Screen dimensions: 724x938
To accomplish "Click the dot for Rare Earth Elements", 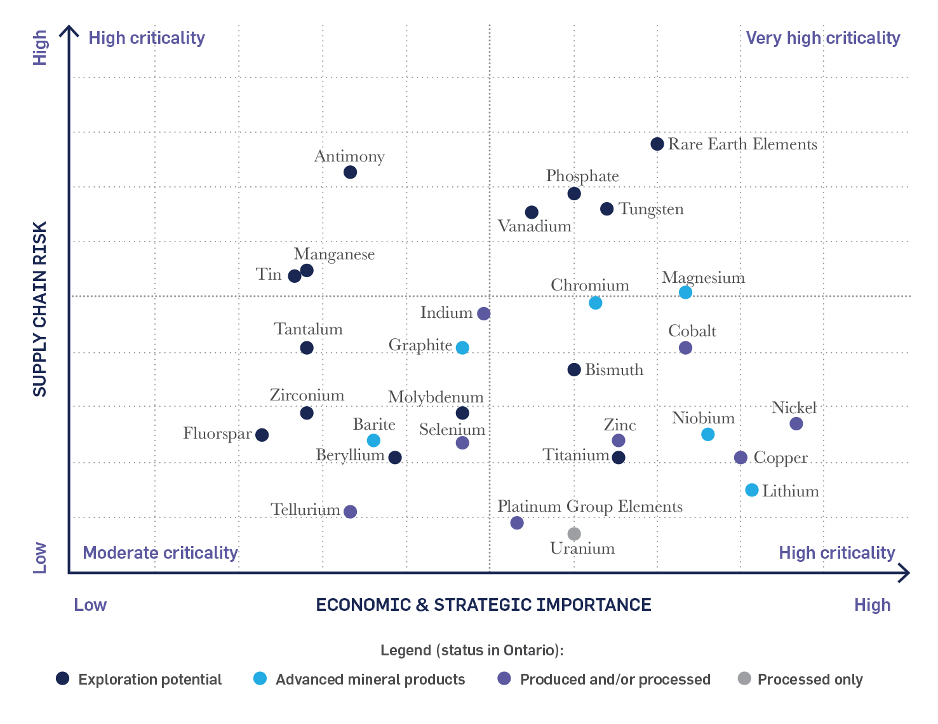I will click(657, 144).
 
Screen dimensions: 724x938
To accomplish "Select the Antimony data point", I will click(350, 172).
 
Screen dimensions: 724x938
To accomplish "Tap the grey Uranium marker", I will click(574, 533).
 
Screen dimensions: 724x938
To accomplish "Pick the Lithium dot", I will click(752, 490).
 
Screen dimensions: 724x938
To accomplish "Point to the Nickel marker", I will click(796, 423).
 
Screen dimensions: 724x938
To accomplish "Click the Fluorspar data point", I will click(262, 435).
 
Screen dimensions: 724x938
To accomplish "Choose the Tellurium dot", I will click(350, 512).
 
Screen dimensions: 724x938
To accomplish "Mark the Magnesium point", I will click(685, 292).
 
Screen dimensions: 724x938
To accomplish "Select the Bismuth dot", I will click(574, 369).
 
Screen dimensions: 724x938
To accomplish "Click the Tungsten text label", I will click(651, 209).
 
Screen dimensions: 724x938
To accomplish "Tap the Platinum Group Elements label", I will click(589, 507).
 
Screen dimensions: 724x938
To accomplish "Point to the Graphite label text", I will click(420, 345).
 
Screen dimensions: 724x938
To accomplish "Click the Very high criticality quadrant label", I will click(823, 38).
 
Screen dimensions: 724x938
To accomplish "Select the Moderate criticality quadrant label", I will click(160, 552).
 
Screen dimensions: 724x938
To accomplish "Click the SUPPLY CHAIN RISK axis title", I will click(39, 309).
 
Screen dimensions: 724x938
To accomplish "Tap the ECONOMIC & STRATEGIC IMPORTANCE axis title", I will click(483, 604).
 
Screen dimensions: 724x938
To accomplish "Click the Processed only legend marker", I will click(744, 678).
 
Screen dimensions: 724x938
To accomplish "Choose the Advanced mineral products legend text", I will click(370, 680).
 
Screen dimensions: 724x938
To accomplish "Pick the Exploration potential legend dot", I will click(62, 678).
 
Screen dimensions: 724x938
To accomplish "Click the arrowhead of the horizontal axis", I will click(905, 573).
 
